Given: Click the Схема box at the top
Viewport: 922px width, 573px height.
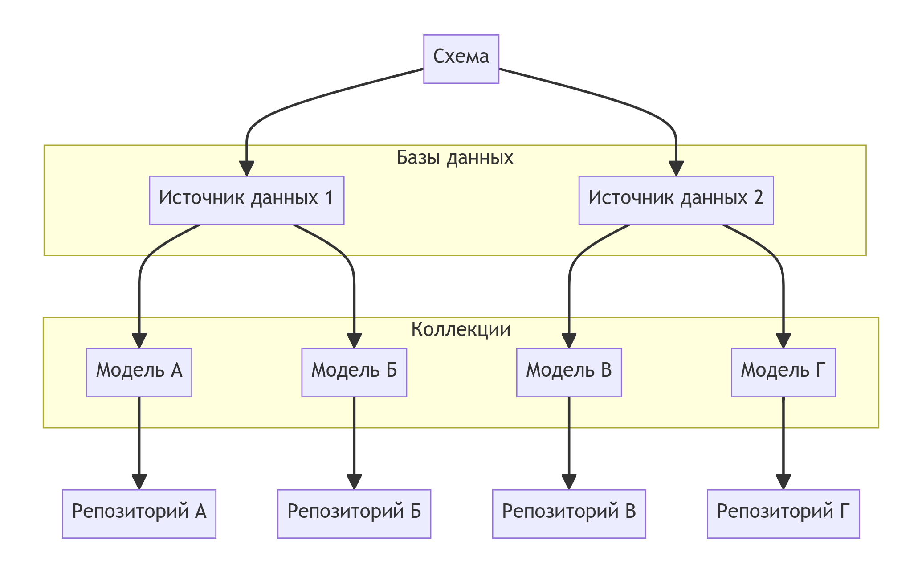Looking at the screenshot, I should (x=461, y=59).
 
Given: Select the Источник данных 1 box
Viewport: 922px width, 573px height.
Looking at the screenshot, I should (x=246, y=200).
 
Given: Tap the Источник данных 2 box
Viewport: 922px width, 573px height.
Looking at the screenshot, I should (x=676, y=200).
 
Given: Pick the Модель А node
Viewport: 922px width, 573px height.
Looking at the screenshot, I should (x=139, y=372).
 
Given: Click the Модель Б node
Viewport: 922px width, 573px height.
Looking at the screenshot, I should (x=354, y=372).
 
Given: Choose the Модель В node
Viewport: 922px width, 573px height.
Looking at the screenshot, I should (x=569, y=372).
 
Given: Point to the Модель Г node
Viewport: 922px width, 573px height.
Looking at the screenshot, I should (x=783, y=372).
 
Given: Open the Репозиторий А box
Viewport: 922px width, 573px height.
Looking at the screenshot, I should (x=139, y=514).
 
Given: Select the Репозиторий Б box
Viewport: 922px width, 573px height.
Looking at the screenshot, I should (x=354, y=514).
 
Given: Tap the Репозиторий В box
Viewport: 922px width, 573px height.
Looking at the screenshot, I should (x=569, y=514).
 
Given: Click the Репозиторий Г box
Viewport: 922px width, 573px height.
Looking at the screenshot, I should (x=783, y=514).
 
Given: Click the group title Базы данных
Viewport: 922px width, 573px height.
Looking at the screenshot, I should (x=455, y=158).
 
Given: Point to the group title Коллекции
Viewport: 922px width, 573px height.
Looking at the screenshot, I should (x=461, y=330).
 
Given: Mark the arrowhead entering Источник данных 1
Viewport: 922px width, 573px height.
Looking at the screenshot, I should (x=246, y=169).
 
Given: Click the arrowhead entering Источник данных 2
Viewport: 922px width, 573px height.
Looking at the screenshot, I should (x=676, y=169).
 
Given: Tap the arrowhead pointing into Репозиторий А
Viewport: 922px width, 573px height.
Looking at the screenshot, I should (x=139, y=482).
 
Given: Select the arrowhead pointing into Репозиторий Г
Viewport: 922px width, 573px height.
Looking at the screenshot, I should (x=783, y=482).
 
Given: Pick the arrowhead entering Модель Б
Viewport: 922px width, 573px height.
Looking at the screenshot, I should (x=354, y=341).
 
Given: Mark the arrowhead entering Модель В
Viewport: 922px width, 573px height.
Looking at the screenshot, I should (x=569, y=341).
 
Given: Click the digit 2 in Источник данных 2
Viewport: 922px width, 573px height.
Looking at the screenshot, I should (x=758, y=197).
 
